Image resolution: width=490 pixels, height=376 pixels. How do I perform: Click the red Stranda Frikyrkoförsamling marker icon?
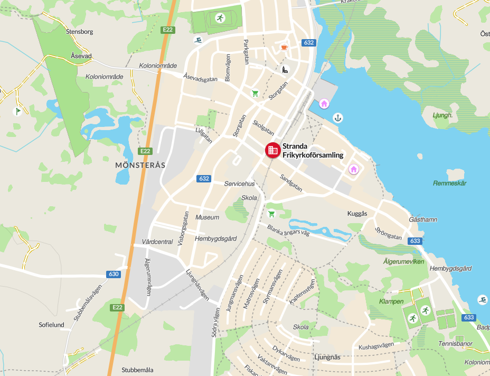[272, 150]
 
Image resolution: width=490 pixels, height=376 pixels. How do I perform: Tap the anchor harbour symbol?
[337, 117]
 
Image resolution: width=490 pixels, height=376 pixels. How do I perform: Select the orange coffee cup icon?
[284, 48]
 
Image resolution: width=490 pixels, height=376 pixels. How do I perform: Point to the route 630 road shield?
[113, 274]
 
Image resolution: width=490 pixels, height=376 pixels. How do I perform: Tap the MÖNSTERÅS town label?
[140, 165]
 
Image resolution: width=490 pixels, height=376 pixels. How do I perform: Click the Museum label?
[207, 217]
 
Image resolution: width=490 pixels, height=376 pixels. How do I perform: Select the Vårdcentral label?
[157, 242]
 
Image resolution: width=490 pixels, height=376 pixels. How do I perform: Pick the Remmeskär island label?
[450, 183]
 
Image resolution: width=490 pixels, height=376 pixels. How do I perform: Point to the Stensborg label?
[80, 32]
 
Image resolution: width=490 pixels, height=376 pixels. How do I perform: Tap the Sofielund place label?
[51, 324]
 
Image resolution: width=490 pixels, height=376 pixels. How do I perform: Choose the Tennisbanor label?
[455, 343]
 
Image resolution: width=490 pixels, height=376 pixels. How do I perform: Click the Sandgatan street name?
[291, 182]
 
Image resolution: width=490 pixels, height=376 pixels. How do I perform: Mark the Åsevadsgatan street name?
[201, 78]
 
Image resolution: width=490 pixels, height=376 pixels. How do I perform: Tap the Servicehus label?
[239, 184]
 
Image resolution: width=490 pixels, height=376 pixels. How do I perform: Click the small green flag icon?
[17, 111]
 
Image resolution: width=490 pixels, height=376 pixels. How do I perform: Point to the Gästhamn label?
[423, 219]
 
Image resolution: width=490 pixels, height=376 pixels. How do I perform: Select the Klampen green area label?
[391, 301]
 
